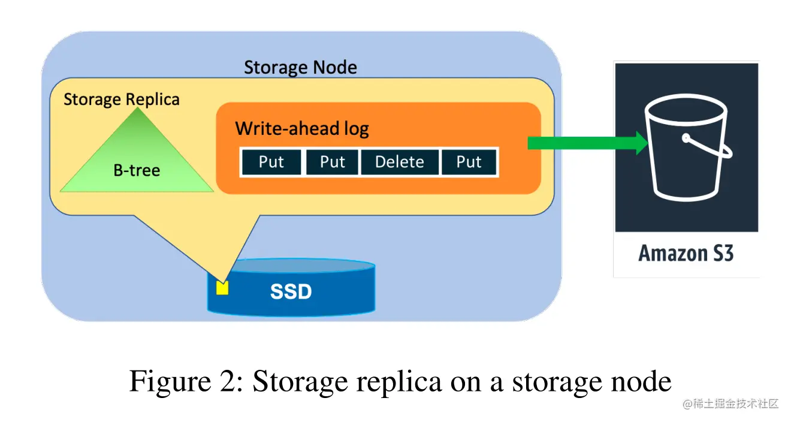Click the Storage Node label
tap(300, 67)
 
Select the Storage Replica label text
tap(121, 99)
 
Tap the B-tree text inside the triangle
tap(137, 170)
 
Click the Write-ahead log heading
tap(302, 128)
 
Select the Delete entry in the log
tap(399, 162)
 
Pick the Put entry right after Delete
tap(469, 162)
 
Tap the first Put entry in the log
tap(271, 162)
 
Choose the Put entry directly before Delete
tap(332, 162)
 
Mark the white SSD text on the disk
tap(291, 292)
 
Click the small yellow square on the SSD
tap(222, 288)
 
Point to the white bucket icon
tap(687, 150)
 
